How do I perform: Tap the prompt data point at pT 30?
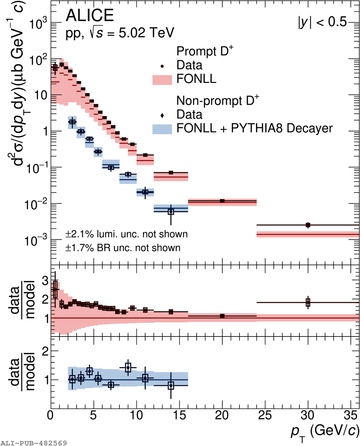coord(308,225)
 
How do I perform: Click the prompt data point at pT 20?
coord(222,200)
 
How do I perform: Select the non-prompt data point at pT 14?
coord(171,211)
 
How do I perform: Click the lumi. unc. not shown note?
coord(127,234)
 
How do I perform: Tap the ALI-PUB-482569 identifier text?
coord(34,443)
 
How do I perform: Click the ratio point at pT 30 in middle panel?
coord(308,302)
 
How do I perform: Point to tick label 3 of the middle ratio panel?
coord(45,280)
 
